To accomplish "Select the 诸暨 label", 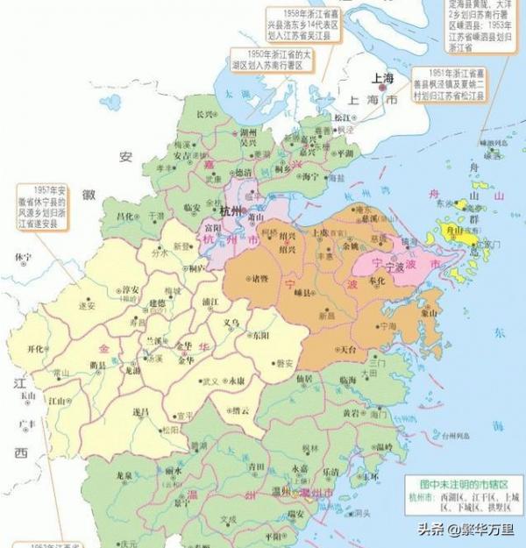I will [259, 279].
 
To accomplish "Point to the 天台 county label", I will [347, 350].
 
